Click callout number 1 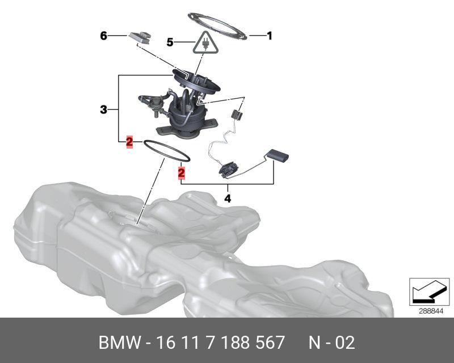click(270, 36)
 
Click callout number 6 click(103, 36)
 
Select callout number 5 click(170, 41)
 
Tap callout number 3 click(103, 109)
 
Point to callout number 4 click(228, 199)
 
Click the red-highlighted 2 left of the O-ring click(129, 141)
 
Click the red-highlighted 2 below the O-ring click(182, 171)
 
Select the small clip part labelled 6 click(140, 37)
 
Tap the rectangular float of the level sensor click(278, 153)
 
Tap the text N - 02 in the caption click(331, 343)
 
